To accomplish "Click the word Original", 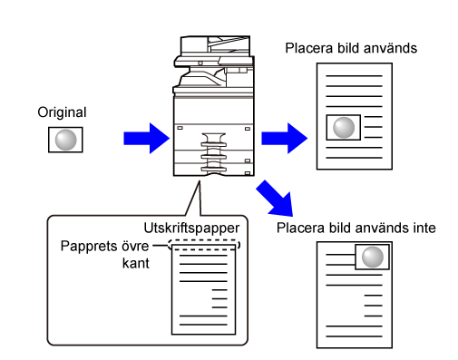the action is click(x=62, y=112).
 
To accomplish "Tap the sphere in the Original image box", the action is click(x=65, y=140).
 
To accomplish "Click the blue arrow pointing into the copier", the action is click(x=146, y=138).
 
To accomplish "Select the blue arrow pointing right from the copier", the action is click(x=284, y=138).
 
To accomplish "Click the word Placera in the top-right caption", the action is click(x=309, y=48).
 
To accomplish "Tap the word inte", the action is click(x=424, y=228).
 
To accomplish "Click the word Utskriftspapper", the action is click(x=191, y=229).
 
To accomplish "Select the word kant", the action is click(x=136, y=263).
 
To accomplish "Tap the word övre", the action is click(x=135, y=246).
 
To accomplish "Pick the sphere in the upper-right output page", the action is click(x=344, y=128).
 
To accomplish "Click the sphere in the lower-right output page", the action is click(x=373, y=257).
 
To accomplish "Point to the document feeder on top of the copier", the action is click(x=215, y=45).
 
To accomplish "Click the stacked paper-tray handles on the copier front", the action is click(x=214, y=152).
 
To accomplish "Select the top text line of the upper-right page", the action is click(x=354, y=75).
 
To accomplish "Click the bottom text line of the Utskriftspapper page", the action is click(x=203, y=325).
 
